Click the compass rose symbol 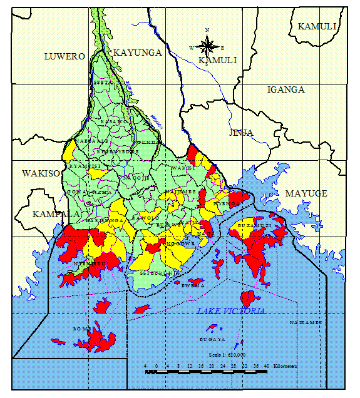tap(207, 45)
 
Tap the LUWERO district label tap(64, 56)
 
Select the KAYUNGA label tap(136, 53)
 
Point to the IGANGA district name tap(285, 89)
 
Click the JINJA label tap(241, 133)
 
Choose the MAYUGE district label tap(306, 193)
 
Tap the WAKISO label tap(40, 173)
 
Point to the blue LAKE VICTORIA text tap(230, 311)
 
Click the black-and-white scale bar tap(207, 372)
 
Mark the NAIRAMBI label tap(305, 322)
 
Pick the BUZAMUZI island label tap(254, 224)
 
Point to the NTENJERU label tap(86, 264)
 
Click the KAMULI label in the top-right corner tap(317, 26)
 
